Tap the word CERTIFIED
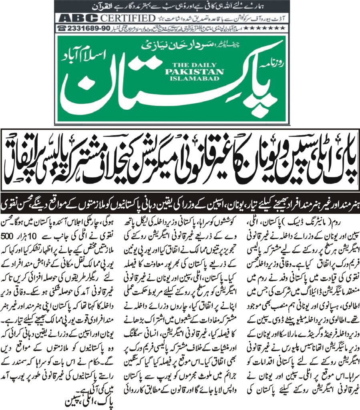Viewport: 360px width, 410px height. coord(128,18)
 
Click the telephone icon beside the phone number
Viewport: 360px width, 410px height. coord(62,28)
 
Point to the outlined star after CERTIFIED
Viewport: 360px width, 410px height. coord(159,18)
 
